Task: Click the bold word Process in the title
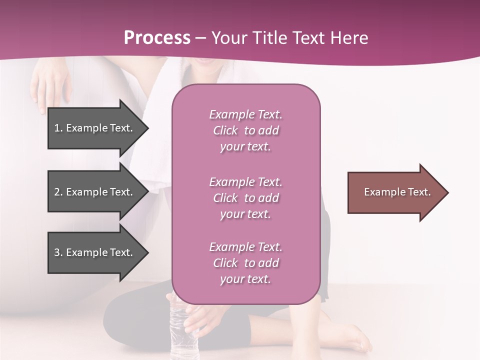pos(157,38)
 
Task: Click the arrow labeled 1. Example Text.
pos(95,128)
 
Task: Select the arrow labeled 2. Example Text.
pos(95,192)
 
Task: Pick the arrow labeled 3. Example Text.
pos(95,252)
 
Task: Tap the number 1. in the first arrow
pos(58,128)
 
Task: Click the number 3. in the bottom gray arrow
pos(58,252)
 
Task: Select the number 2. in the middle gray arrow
pos(58,192)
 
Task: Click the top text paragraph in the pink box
pos(245,130)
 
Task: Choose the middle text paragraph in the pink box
pos(245,198)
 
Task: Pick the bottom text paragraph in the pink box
pos(245,263)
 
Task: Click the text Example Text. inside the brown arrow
pos(397,192)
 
